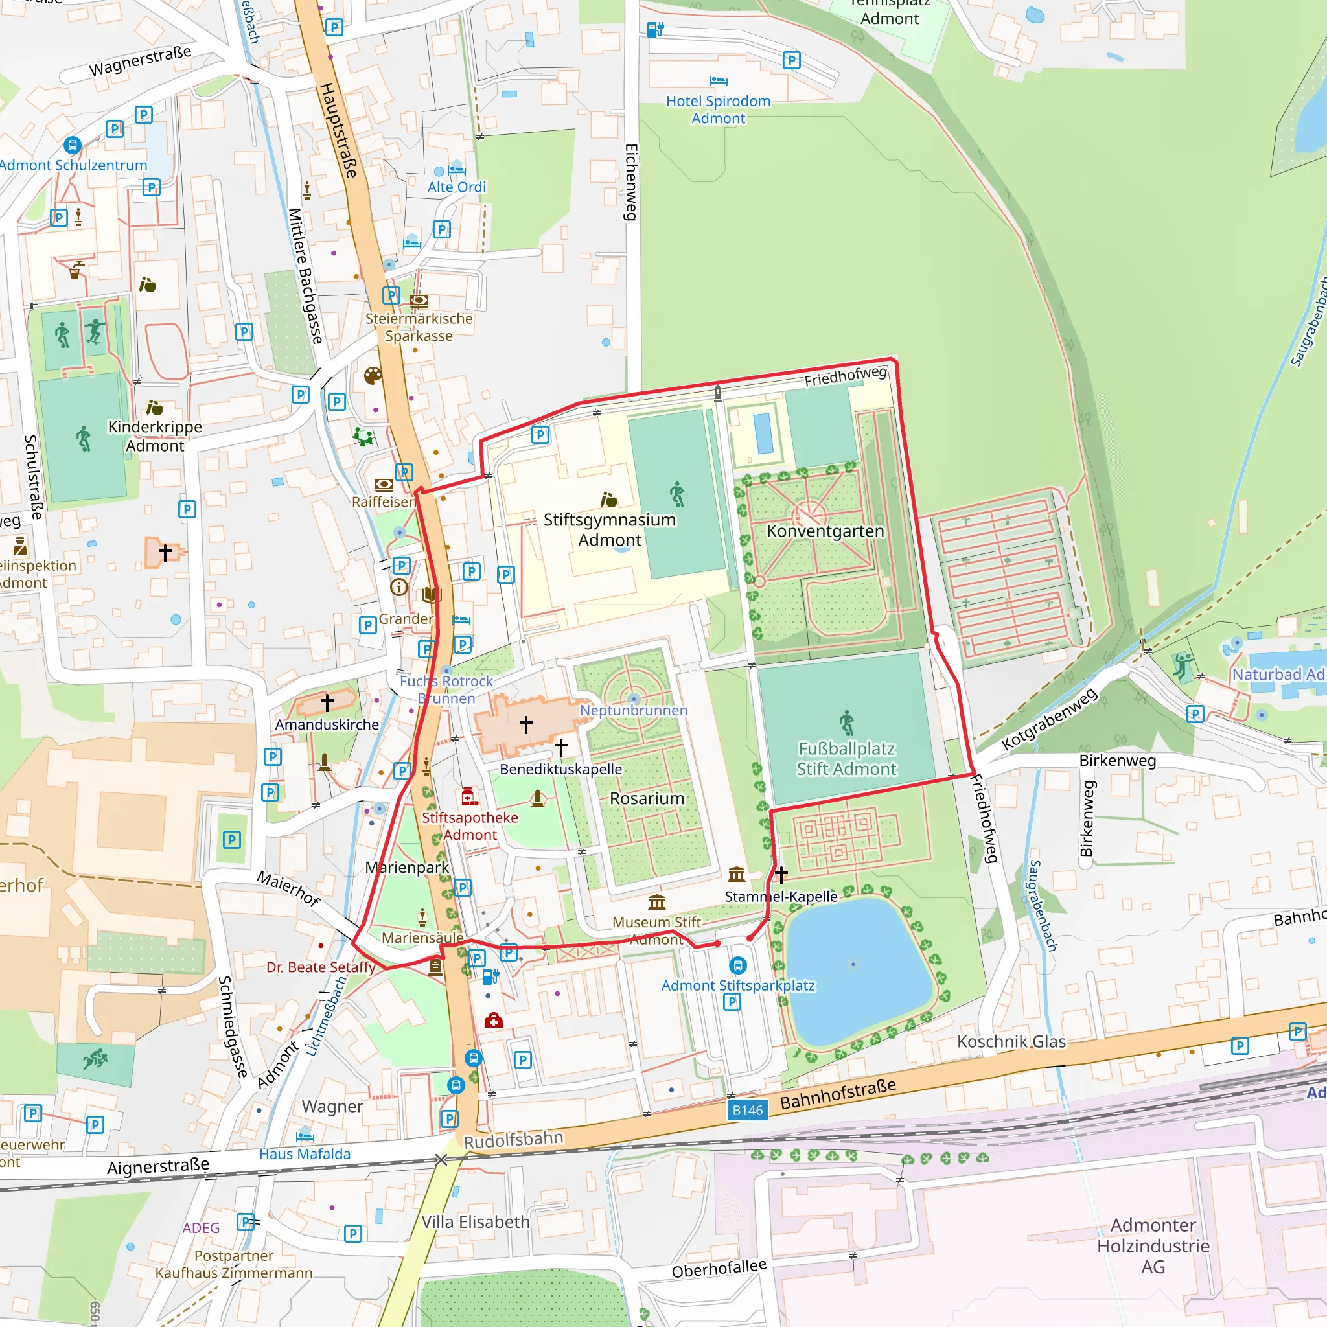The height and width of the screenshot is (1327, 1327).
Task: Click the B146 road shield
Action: [x=747, y=1110]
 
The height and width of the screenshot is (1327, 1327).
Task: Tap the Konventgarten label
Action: [x=825, y=531]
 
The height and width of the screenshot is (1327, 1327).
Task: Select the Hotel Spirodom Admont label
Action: [x=718, y=110]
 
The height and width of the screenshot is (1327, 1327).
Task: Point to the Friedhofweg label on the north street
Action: [x=846, y=376]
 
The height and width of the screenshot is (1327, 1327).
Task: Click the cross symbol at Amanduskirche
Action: [x=327, y=702]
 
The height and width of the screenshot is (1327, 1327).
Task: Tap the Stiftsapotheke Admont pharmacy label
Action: [x=470, y=825]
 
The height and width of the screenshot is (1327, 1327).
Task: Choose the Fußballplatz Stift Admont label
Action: [x=846, y=758]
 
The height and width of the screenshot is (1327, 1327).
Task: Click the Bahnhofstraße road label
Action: [x=838, y=1094]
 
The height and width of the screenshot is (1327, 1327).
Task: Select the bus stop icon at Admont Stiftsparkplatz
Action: [x=737, y=965]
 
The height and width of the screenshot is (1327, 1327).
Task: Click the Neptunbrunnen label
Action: [x=633, y=710]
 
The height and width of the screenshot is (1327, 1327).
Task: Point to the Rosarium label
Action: [x=647, y=798]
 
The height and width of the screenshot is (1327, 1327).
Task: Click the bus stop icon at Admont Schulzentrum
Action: [x=72, y=146]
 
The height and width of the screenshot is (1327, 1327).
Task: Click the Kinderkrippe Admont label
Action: [x=156, y=435]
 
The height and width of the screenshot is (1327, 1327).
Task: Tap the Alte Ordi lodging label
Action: [x=456, y=187]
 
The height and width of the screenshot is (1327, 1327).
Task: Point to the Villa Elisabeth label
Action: [x=476, y=1222]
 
